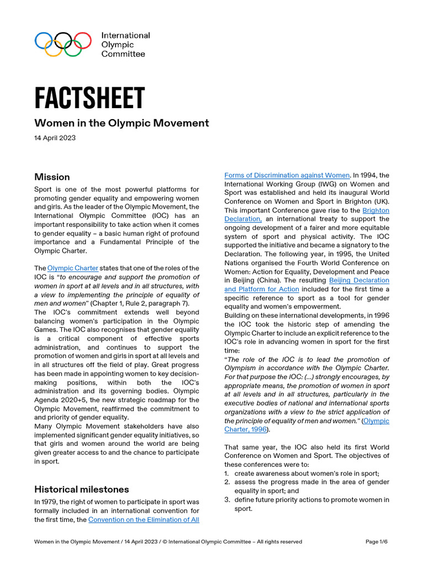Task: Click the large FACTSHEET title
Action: (89, 98)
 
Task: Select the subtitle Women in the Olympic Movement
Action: (121, 123)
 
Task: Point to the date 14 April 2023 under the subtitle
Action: (55, 138)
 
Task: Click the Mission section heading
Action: (52, 177)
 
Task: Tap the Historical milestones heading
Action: (82, 489)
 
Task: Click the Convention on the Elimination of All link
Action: (144, 520)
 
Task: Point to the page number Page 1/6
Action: (377, 542)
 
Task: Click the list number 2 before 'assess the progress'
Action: (227, 482)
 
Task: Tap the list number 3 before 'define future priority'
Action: (227, 500)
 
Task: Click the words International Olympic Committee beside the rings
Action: (125, 45)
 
